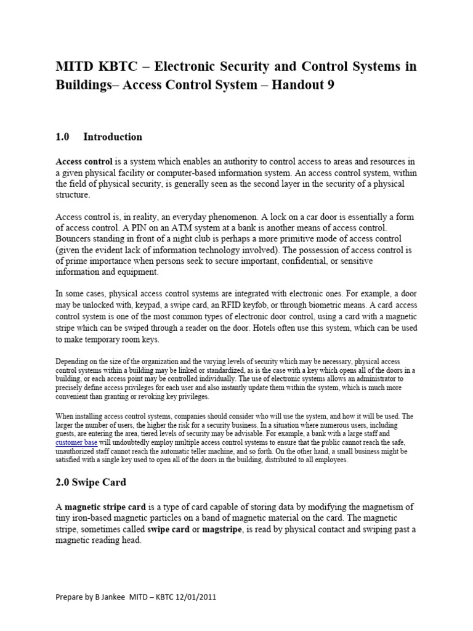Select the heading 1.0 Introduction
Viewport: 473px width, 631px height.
[x=99, y=137]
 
